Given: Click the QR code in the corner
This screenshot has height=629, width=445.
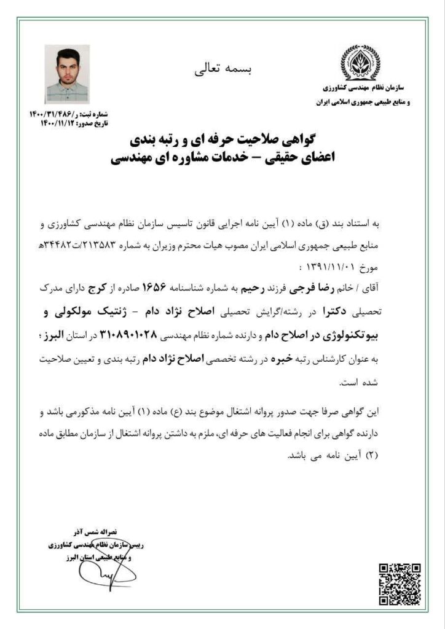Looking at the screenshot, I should [x=399, y=583].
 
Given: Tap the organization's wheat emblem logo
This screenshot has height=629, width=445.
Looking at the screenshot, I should [x=360, y=63].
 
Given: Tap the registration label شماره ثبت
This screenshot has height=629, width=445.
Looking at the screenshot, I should [x=95, y=114].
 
